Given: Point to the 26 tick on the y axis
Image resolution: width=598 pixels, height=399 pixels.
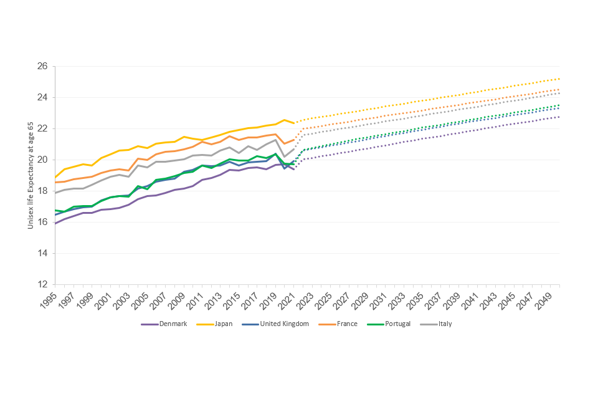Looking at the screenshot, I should click(43, 66).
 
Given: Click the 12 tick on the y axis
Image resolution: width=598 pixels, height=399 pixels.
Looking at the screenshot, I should click(43, 284).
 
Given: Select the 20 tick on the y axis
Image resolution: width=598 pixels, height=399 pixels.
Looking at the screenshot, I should click(43, 160).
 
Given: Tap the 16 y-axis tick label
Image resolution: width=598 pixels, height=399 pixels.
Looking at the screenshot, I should click(43, 222).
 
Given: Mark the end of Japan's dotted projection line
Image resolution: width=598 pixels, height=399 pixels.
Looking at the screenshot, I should click(559, 79).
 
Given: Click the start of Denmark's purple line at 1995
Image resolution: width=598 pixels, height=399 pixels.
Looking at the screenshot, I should click(55, 223).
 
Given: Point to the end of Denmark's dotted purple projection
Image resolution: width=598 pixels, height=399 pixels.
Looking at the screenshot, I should click(559, 117).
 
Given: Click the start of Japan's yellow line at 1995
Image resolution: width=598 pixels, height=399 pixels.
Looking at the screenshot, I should click(55, 178).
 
